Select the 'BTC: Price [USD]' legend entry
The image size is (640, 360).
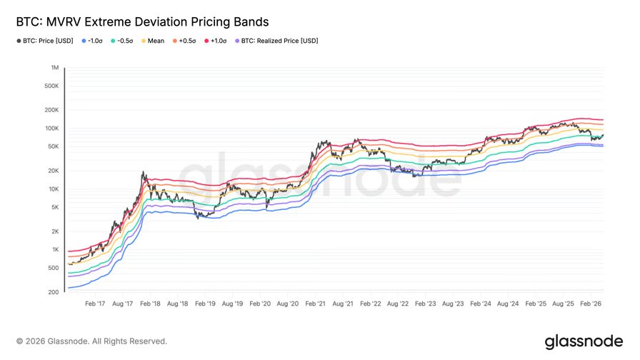coord(46,41)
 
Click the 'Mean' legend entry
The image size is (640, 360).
coord(154,41)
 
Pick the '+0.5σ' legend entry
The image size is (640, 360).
coord(184,41)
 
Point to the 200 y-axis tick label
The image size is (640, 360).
coord(52,292)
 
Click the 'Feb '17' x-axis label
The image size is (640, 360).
coord(95,304)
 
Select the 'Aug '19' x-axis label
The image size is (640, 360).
coord(231,304)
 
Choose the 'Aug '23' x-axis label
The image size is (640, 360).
coord(452,304)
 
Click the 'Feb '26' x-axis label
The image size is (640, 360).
coord(589,304)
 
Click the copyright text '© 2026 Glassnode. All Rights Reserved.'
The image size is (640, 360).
coord(91,341)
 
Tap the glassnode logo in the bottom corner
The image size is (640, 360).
coord(584,341)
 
